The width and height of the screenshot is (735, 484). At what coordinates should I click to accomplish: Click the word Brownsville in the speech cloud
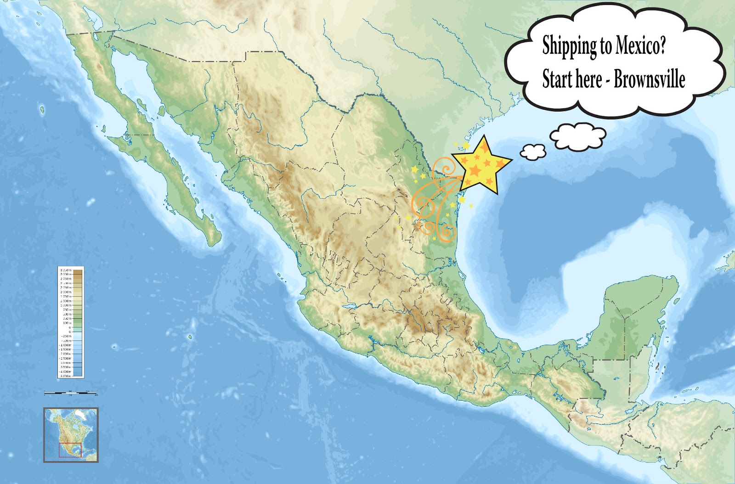pyautogui.click(x=649, y=79)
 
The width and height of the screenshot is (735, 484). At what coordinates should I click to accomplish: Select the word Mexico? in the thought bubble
pyautogui.click(x=640, y=45)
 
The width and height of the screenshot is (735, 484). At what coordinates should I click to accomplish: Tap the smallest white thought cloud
pyautogui.click(x=533, y=152)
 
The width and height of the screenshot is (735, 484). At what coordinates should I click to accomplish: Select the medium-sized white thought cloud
pyautogui.click(x=578, y=136)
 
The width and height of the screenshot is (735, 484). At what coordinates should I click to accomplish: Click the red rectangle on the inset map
pyautogui.click(x=70, y=450)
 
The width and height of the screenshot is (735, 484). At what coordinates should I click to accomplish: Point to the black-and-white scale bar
pyautogui.click(x=71, y=393)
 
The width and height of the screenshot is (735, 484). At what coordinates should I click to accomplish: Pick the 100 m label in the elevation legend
pyautogui.click(x=67, y=323)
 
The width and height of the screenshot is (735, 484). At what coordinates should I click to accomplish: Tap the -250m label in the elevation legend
pyautogui.click(x=66, y=336)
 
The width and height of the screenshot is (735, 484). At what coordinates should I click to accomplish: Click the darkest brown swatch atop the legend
pyautogui.click(x=78, y=271)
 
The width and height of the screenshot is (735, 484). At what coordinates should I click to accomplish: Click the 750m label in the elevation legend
pyautogui.click(x=67, y=310)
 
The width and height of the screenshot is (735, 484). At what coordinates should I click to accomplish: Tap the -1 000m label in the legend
pyautogui.click(x=66, y=345)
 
